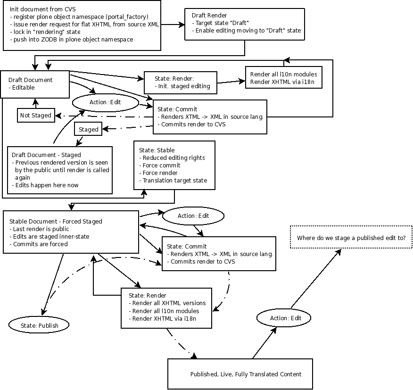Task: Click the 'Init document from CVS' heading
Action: [x=43, y=9]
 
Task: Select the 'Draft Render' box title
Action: [x=209, y=15]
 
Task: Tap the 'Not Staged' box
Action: [x=36, y=115]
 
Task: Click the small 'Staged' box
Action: [x=88, y=129]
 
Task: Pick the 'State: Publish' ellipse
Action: [x=39, y=325]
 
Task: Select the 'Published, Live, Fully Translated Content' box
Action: [x=240, y=374]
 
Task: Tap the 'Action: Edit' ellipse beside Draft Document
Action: [x=105, y=102]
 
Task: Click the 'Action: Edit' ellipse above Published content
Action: [x=284, y=318]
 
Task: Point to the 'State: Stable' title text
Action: [x=157, y=150]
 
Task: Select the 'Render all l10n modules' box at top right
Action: [x=284, y=77]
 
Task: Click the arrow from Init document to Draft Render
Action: [x=173, y=25]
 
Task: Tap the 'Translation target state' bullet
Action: [x=173, y=181]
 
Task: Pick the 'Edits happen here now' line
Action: [x=45, y=185]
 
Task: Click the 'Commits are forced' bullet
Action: [x=39, y=244]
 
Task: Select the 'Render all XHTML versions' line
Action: [x=167, y=303]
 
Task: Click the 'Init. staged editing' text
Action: [x=182, y=86]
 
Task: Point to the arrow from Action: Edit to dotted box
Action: [x=316, y=278]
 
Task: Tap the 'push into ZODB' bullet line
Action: [x=72, y=40]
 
